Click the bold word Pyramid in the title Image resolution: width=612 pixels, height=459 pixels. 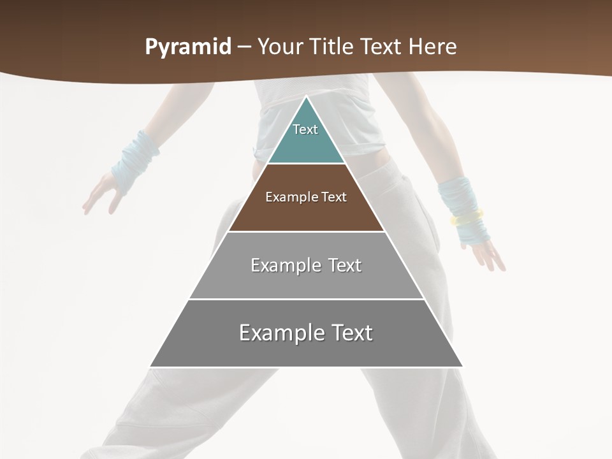[x=187, y=47]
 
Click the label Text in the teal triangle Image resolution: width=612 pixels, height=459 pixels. [x=305, y=129]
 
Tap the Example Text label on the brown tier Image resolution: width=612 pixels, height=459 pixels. [x=306, y=197]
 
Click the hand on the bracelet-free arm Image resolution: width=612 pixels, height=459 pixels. [x=102, y=194]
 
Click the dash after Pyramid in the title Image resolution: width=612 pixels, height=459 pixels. [x=244, y=47]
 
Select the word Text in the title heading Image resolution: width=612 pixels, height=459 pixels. [x=382, y=47]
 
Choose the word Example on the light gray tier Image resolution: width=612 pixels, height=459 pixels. [x=279, y=265]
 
